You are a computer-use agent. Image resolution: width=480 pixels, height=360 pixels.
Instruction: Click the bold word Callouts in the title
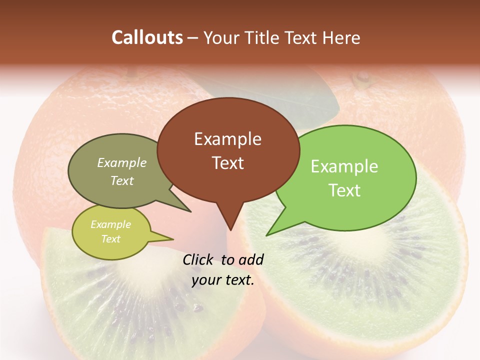click(147, 37)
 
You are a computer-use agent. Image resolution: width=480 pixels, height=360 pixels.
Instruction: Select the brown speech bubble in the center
click(228, 150)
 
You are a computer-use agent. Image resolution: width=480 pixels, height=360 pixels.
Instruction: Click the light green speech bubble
click(350, 178)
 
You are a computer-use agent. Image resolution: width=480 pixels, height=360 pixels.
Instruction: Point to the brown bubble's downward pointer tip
click(230, 229)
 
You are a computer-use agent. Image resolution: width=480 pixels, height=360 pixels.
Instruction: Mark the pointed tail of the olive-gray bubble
click(190, 211)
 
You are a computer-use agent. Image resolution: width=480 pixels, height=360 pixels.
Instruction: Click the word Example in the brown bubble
click(227, 139)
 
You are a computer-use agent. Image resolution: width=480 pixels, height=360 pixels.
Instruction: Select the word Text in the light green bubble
click(344, 190)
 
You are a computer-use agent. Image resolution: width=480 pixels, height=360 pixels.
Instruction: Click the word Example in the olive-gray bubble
click(122, 163)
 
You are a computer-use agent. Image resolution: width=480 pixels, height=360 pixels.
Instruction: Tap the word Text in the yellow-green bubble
click(111, 239)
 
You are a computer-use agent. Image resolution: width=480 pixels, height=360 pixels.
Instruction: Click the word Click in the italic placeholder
click(198, 259)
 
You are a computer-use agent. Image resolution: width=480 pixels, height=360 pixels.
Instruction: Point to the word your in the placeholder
click(205, 280)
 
